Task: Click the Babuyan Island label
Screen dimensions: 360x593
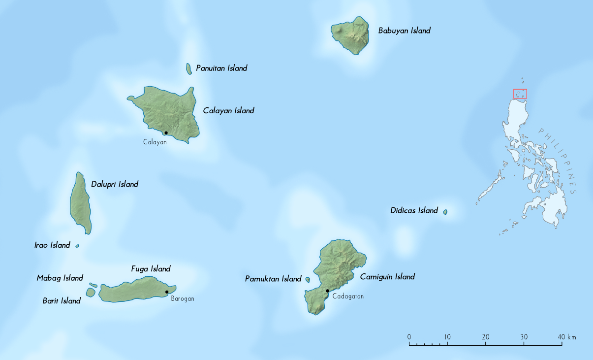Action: coord(404,31)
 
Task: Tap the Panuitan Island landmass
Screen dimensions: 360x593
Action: coord(189,68)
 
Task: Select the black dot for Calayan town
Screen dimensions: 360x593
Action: coord(166,133)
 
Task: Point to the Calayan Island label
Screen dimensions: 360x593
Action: coord(228,111)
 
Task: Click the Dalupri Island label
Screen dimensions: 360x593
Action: coord(115,184)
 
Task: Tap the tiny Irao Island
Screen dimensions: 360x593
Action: coord(77,245)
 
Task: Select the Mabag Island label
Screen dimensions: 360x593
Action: coord(60,278)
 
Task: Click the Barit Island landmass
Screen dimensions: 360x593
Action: coord(91,292)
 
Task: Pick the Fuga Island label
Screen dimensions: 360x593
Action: coord(151,269)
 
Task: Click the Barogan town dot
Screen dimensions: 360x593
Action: coord(167,292)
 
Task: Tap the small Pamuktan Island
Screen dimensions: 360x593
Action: coord(308,280)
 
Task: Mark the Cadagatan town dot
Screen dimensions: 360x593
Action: coord(327,291)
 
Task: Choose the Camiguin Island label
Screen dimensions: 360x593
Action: coord(387,277)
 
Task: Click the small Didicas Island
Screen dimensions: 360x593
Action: coord(445,212)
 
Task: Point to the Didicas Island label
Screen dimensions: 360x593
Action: coord(414,211)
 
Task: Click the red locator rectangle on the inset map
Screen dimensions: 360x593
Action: coord(520,94)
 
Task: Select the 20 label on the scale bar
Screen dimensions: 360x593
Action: coord(486,337)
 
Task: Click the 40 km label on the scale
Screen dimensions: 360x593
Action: coord(566,337)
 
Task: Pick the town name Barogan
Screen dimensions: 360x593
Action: coord(183,299)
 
